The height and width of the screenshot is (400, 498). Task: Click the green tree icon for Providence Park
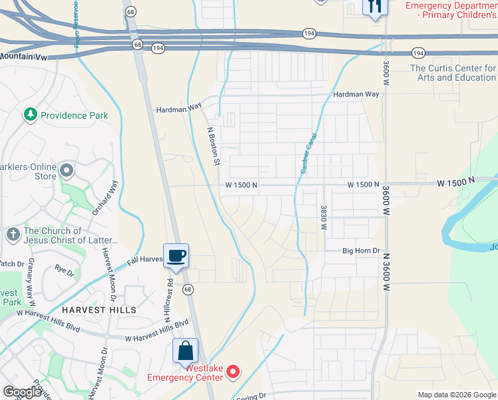point(30,115)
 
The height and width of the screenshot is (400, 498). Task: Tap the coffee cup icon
point(176,255)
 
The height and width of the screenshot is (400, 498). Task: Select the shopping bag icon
point(186,351)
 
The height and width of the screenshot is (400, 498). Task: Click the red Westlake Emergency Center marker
point(233,372)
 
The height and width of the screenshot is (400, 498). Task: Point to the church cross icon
point(13,235)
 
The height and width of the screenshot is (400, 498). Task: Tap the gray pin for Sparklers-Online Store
point(67,171)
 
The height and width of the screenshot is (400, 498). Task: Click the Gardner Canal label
point(308,154)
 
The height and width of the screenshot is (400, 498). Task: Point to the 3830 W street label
point(324,217)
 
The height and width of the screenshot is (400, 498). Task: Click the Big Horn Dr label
point(361,251)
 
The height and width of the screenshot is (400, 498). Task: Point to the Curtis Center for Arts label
point(453,73)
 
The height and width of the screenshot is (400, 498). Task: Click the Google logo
point(22,392)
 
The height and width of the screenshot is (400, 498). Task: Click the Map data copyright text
point(457,395)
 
